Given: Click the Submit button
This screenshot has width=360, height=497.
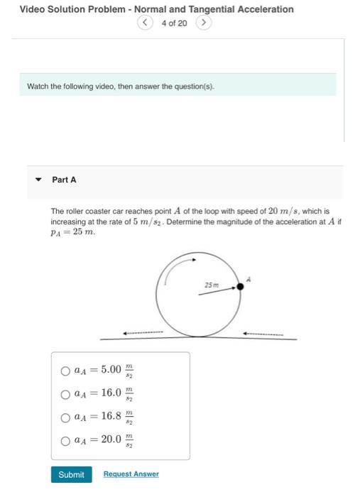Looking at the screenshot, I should [x=71, y=474].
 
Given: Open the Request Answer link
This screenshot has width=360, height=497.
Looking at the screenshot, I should [x=131, y=474].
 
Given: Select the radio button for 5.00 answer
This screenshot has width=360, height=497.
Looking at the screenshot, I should [x=65, y=370].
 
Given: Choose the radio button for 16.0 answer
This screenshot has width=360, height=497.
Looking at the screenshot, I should [x=65, y=393].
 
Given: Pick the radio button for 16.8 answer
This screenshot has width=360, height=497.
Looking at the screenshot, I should [x=65, y=416].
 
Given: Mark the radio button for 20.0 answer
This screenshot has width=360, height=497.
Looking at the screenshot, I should [x=65, y=439].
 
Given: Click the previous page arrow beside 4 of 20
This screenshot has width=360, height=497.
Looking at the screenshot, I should [x=146, y=23].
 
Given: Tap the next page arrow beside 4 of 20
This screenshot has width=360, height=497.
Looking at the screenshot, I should [x=203, y=23].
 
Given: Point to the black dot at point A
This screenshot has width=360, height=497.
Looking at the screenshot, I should [x=240, y=285].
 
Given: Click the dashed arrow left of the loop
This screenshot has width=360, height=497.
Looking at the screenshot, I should [x=143, y=332].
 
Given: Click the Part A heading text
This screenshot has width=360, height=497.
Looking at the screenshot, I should [x=64, y=180].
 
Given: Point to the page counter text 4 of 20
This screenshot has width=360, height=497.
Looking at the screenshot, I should [x=174, y=23].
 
